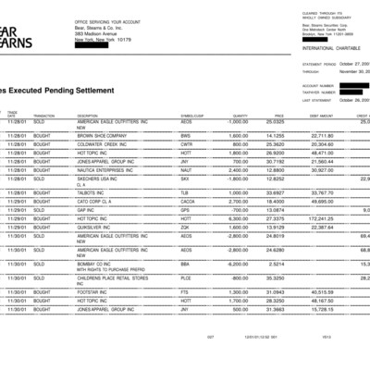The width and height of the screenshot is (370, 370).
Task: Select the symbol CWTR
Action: coord(186,143)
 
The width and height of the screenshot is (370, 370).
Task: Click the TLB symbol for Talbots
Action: coord(185,192)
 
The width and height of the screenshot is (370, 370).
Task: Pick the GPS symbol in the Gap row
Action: coord(185,209)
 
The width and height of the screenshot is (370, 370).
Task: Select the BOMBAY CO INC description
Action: coord(98,263)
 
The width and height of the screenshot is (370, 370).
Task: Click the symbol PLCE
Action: coord(186,277)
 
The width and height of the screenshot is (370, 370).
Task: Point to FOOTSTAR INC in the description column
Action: coord(96,291)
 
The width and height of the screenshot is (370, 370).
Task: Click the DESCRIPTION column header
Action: coord(89,115)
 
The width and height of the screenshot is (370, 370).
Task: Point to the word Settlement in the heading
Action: coord(87,90)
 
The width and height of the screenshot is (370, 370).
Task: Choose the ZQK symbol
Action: coord(185,227)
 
